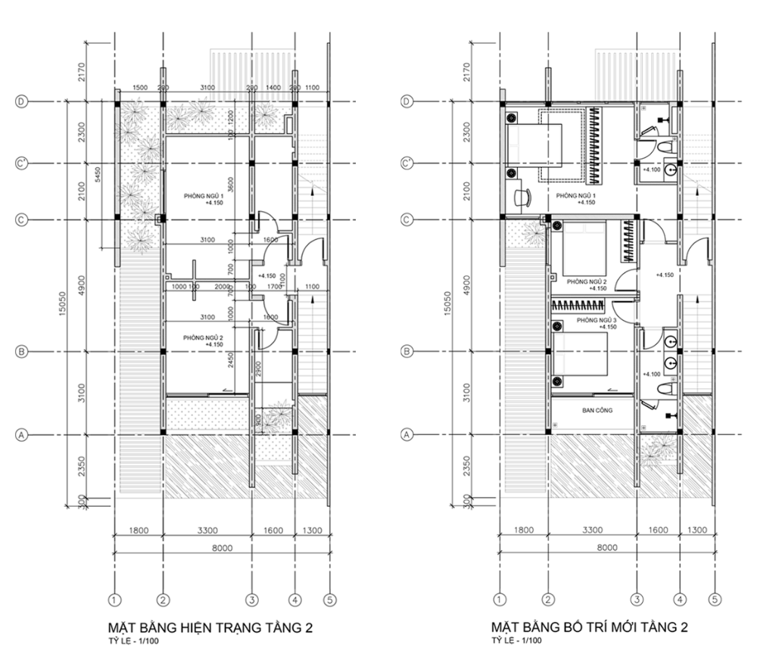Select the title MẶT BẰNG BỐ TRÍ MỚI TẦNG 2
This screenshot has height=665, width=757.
coord(590,628)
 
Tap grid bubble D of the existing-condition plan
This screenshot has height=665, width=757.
coord(22,101)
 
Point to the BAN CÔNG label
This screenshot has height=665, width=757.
coord(597,411)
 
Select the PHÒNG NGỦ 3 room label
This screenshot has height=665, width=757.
coord(597,322)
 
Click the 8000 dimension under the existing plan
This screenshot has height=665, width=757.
coord(221,547)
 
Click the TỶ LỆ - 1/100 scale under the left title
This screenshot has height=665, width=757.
coord(135,642)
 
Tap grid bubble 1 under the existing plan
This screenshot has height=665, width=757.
coord(114,600)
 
